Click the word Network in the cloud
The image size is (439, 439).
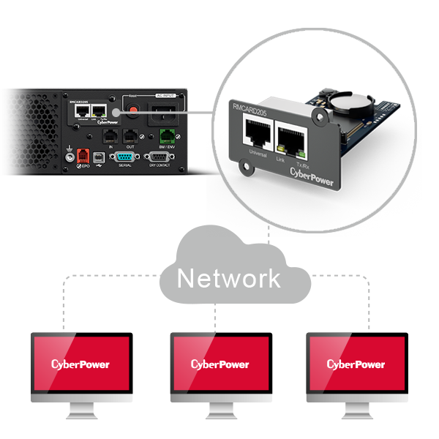[229, 278]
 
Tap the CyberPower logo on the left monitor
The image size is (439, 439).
[81, 364]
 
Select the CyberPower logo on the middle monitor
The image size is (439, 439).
[220, 364]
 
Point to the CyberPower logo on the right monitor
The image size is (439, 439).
[356, 364]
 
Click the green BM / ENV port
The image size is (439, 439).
[168, 135]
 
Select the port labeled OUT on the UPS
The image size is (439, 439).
[130, 135]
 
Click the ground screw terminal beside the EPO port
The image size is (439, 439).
[69, 155]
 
